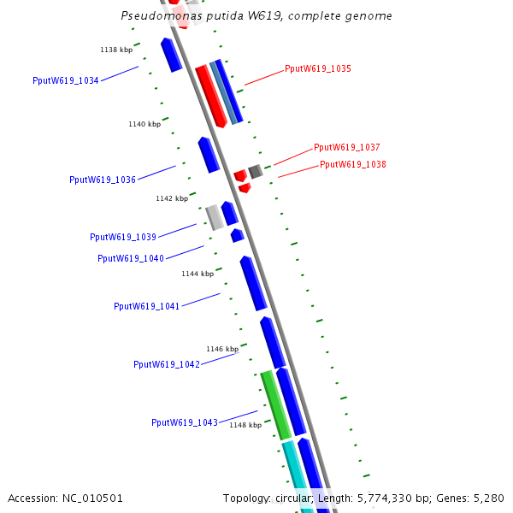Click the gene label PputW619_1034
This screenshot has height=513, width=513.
[x=65, y=80]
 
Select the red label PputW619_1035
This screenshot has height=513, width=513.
[x=318, y=68]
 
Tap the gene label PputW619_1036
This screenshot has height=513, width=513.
[x=103, y=180]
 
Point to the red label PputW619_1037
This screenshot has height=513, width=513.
[x=347, y=147]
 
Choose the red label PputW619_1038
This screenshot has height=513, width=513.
[x=353, y=164]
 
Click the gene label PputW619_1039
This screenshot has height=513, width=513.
[x=123, y=237]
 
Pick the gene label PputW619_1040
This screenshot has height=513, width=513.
[x=131, y=258]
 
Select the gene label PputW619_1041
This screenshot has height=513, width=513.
[x=147, y=306]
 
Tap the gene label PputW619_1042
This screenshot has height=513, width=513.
[x=167, y=364]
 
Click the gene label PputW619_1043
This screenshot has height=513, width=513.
[x=185, y=422]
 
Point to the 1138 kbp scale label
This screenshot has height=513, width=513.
[x=116, y=50]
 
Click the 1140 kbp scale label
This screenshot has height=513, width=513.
[x=144, y=124]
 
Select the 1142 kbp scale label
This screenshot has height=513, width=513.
[x=172, y=198]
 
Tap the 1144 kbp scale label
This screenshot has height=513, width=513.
[x=198, y=274]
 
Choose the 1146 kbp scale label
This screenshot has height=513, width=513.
[x=222, y=349]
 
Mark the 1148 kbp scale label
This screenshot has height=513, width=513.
[x=245, y=425]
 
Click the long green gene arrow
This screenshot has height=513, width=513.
[x=275, y=404]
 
